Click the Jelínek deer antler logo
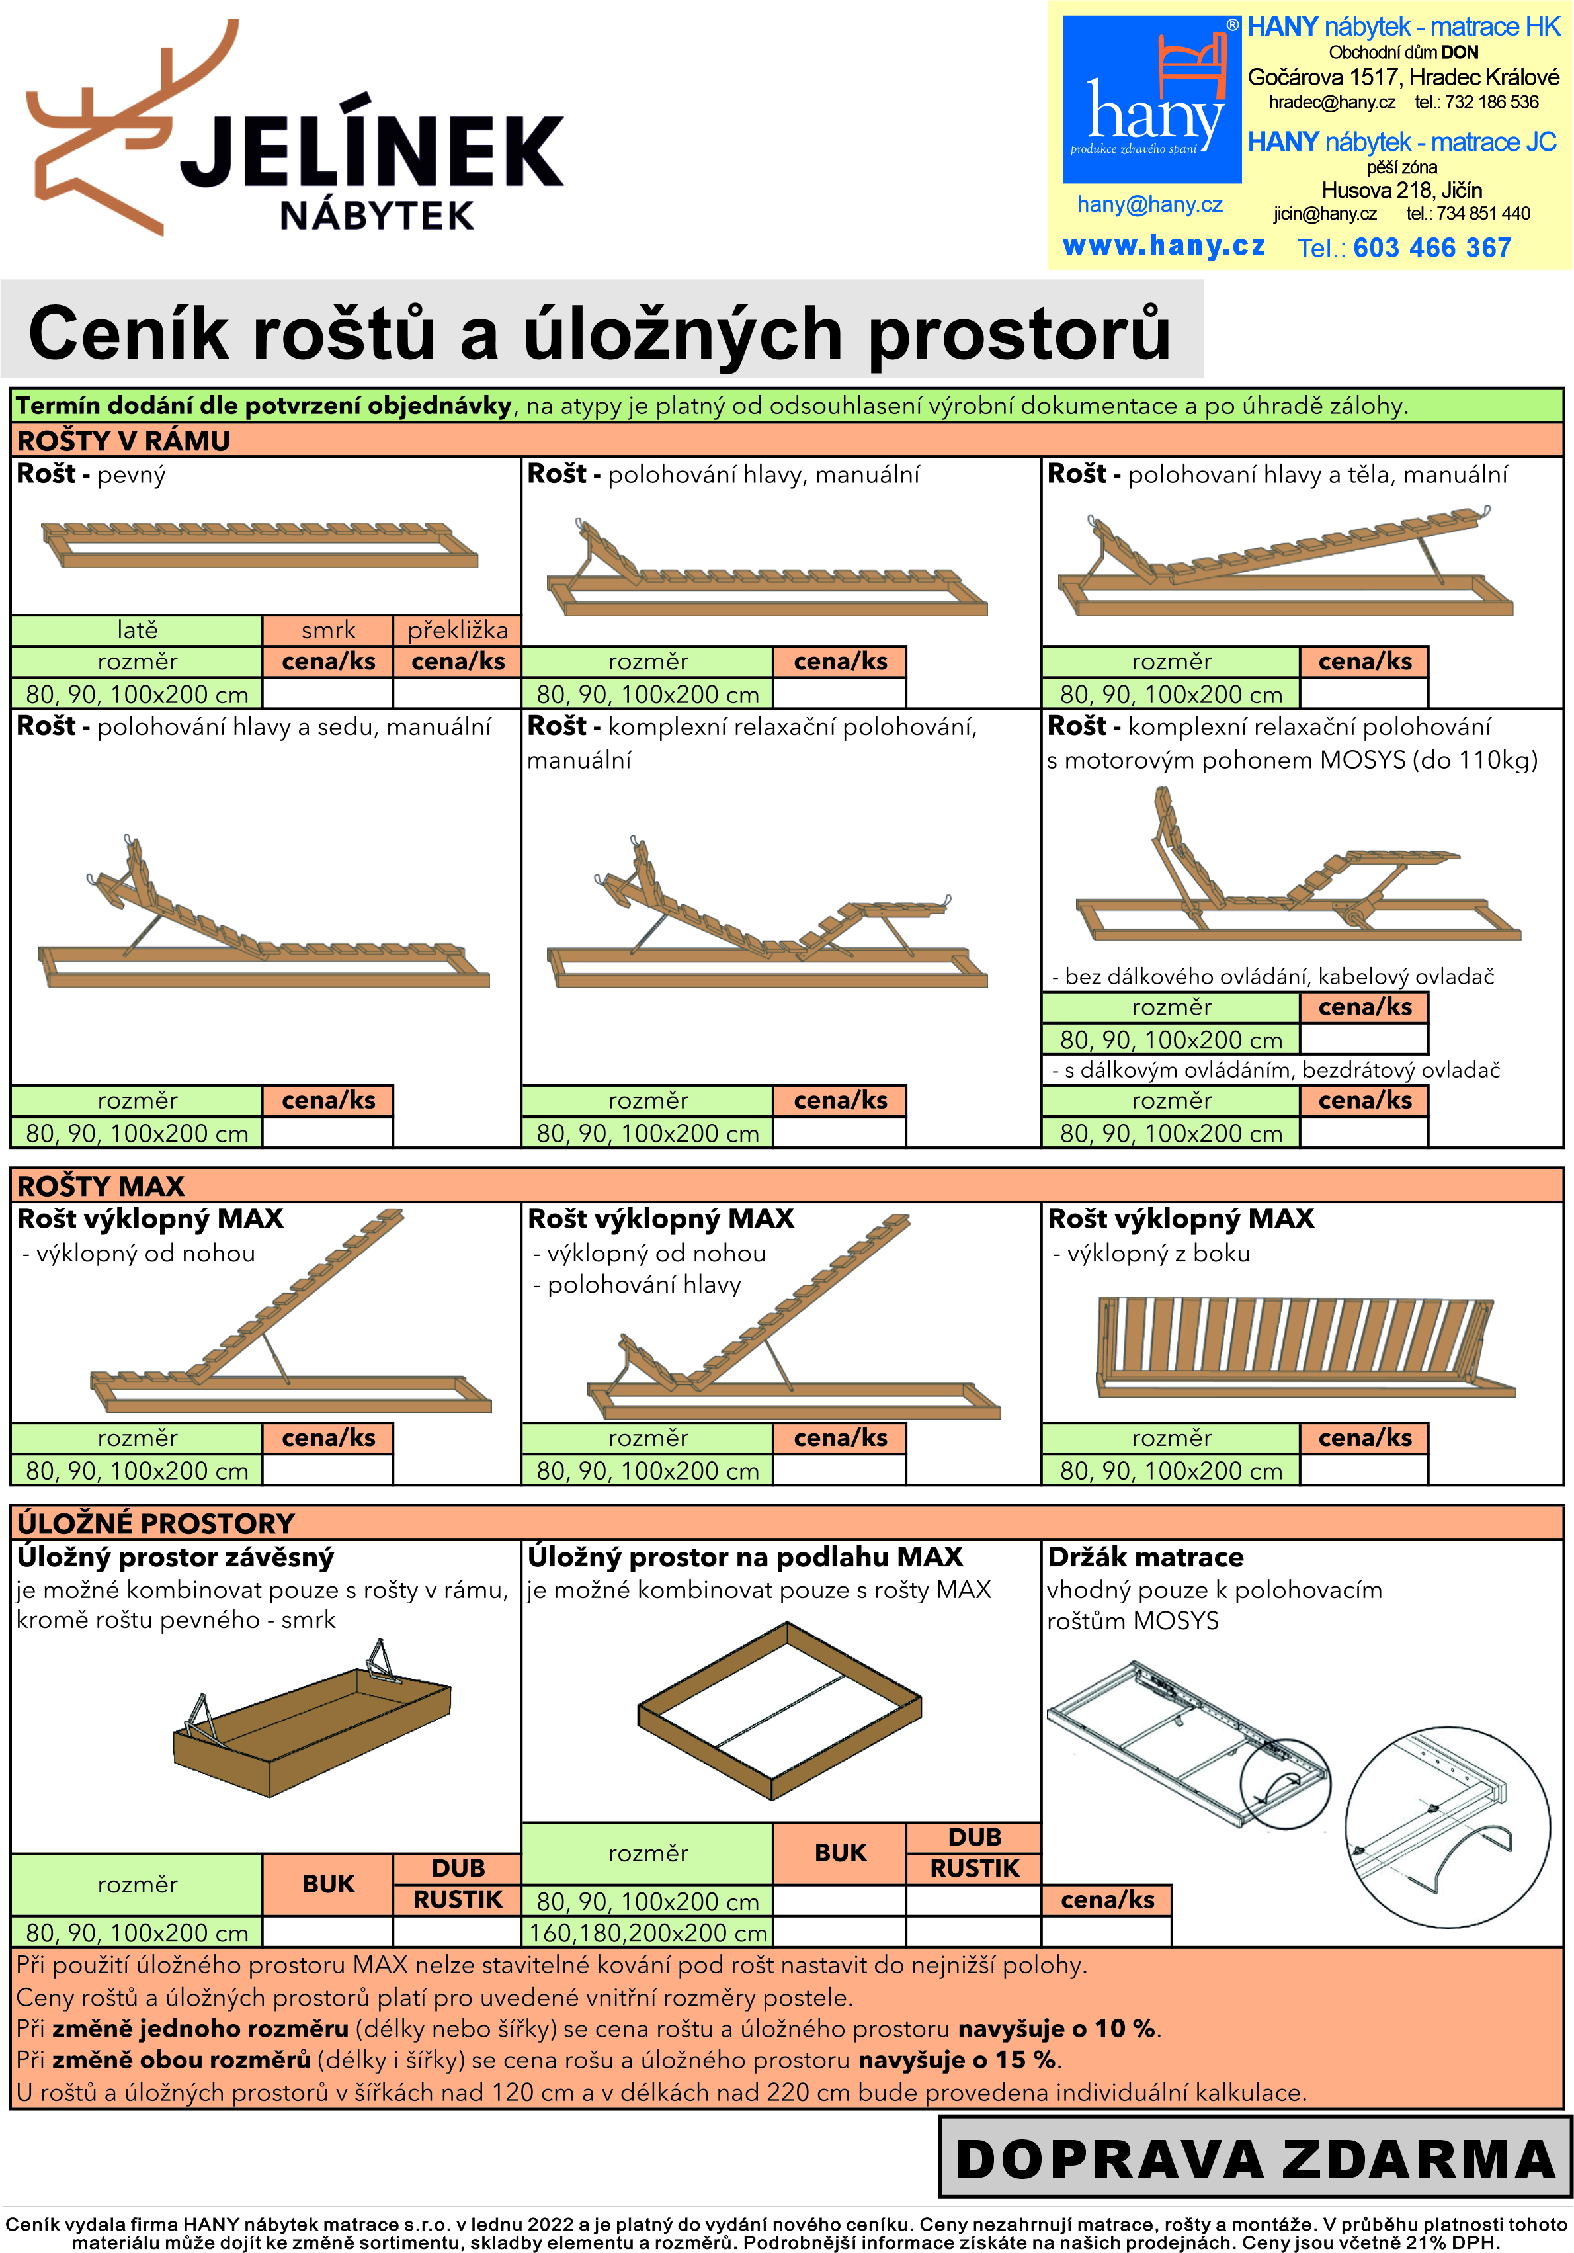pyautogui.click(x=132, y=128)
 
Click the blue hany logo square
pyautogui.click(x=1152, y=99)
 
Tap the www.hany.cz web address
pyautogui.click(x=1164, y=245)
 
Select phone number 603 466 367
pyautogui.click(x=1432, y=247)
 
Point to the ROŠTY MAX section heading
pyautogui.click(x=101, y=1185)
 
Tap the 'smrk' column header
pyautogui.click(x=328, y=630)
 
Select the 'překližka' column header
pyautogui.click(x=457, y=630)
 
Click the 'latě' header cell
pyautogui.click(x=138, y=630)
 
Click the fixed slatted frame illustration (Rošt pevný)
pyautogui.click(x=260, y=544)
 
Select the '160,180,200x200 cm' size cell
pyautogui.click(x=647, y=1932)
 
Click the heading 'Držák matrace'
pyautogui.click(x=1145, y=1557)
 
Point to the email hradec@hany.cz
pyautogui.click(x=1332, y=102)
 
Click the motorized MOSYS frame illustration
pyautogui.click(x=1298, y=869)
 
